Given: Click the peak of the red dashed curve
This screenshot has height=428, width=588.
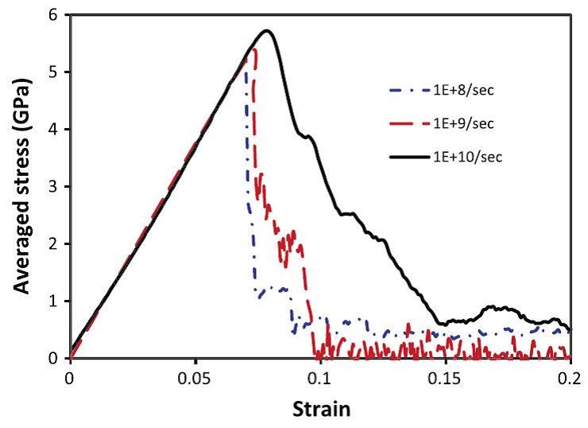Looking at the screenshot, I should tap(254, 49).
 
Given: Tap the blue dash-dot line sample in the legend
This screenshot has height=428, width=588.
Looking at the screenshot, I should tap(407, 90).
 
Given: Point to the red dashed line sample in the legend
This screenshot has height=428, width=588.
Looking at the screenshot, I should tap(407, 123).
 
